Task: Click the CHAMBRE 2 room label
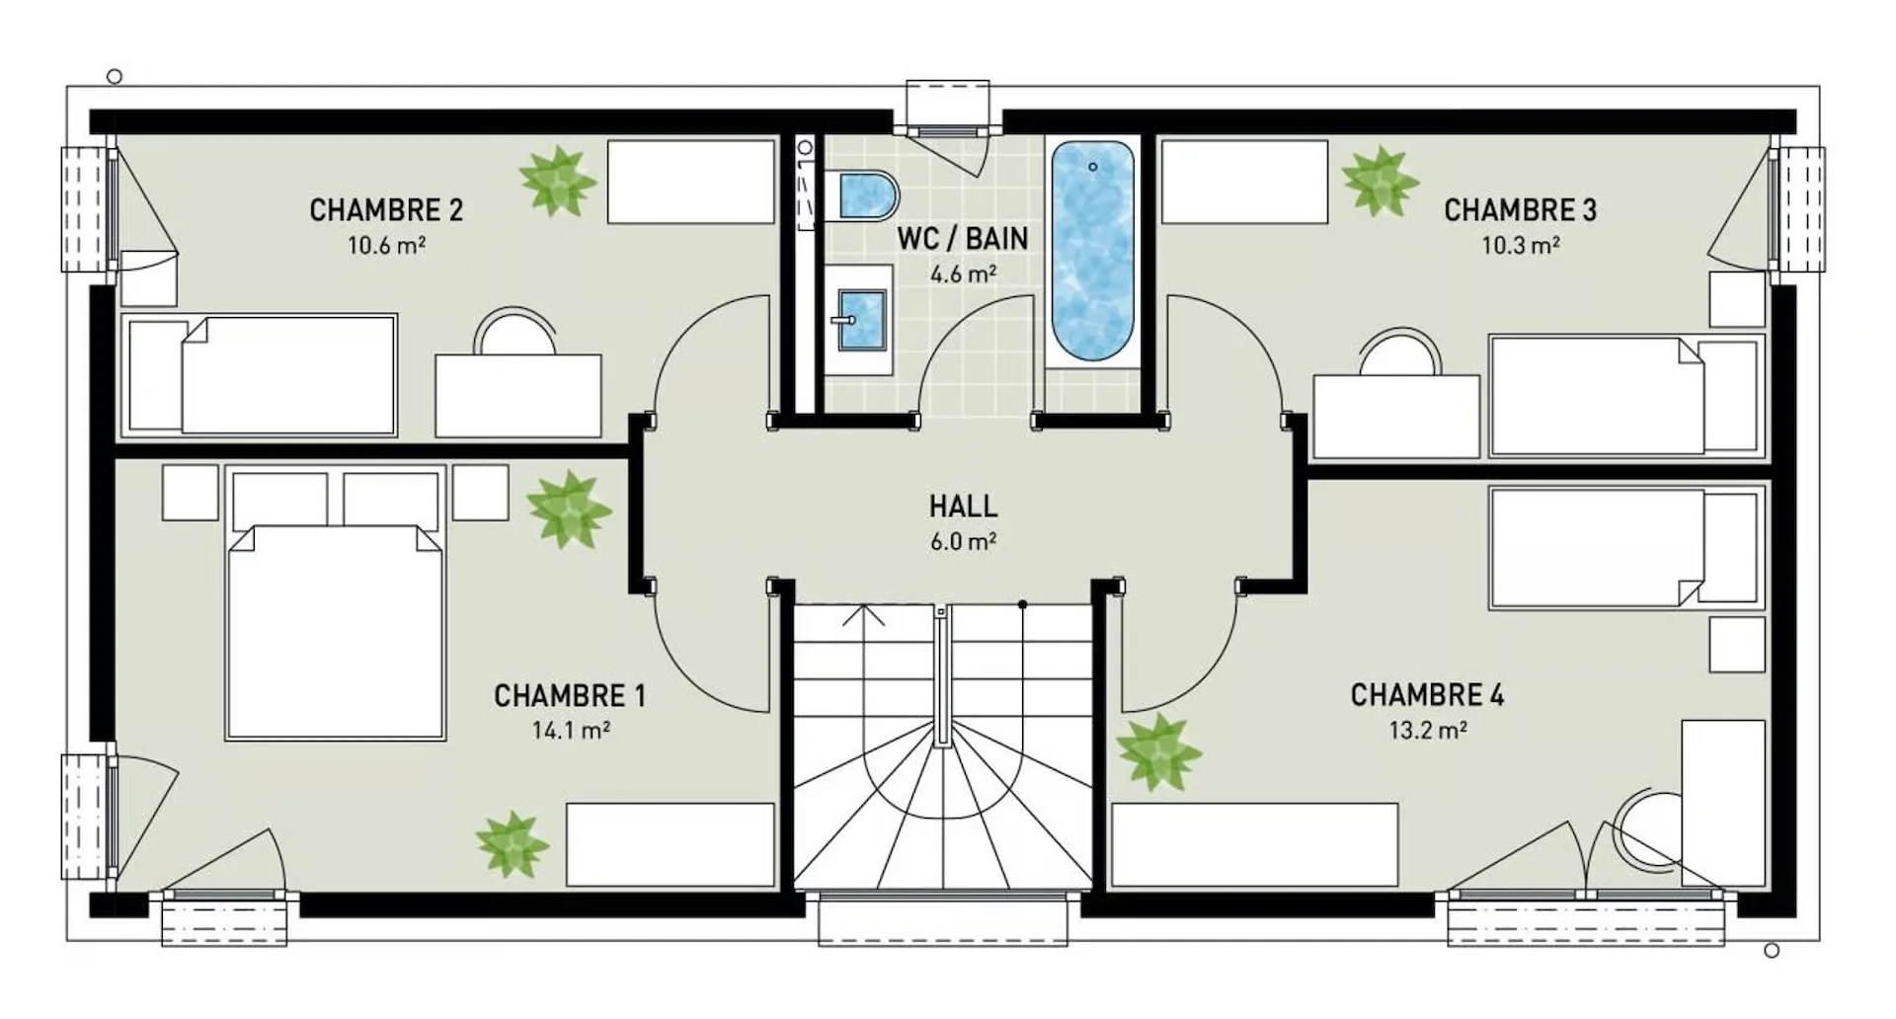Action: (x=386, y=210)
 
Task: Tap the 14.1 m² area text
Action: (x=571, y=731)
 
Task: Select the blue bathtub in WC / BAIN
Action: (x=1091, y=252)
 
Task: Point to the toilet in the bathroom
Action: (x=866, y=195)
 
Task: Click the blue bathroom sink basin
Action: (x=862, y=319)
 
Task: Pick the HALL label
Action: (x=963, y=507)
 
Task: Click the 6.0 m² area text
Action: (x=963, y=541)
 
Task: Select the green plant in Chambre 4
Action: (x=1158, y=751)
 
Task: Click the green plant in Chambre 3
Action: (x=1380, y=182)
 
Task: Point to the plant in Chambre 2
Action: (x=558, y=181)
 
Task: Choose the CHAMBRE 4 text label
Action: (x=1427, y=696)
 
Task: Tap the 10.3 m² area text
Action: (x=1521, y=245)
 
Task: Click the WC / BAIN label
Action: (x=963, y=238)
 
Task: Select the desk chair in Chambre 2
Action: (x=515, y=332)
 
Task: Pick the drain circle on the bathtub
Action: (x=1092, y=167)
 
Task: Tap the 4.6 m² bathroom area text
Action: (x=963, y=273)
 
